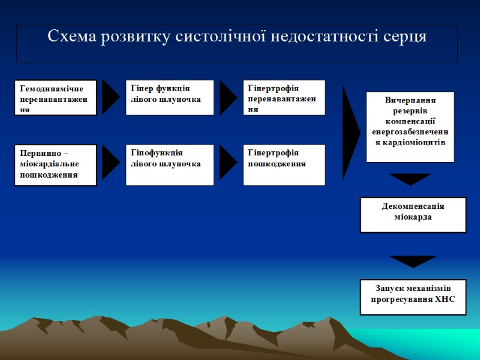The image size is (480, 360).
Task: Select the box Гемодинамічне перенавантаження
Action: pos(56,97)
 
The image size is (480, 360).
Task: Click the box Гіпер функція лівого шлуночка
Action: pos(169,97)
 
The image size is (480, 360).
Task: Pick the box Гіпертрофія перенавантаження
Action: pos(286,97)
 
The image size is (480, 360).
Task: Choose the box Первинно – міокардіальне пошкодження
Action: pos(56,165)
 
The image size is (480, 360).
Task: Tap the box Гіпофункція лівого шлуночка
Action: pos(169,165)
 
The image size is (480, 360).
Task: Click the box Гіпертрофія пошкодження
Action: pos(286,165)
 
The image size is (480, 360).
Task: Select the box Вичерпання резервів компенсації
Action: pos(410,127)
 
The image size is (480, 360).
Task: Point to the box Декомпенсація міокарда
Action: pos(413,214)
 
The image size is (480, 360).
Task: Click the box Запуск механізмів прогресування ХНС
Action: pos(413,296)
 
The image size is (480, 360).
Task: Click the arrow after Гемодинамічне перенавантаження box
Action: pos(110,97)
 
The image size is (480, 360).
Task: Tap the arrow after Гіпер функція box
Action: pos(228,97)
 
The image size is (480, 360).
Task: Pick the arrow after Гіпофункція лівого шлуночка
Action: pos(228,163)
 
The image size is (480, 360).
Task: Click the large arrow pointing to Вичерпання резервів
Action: pos(350,133)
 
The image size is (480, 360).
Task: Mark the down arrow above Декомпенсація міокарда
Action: pos(410,179)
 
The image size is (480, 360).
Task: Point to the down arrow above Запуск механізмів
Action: pos(412,261)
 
